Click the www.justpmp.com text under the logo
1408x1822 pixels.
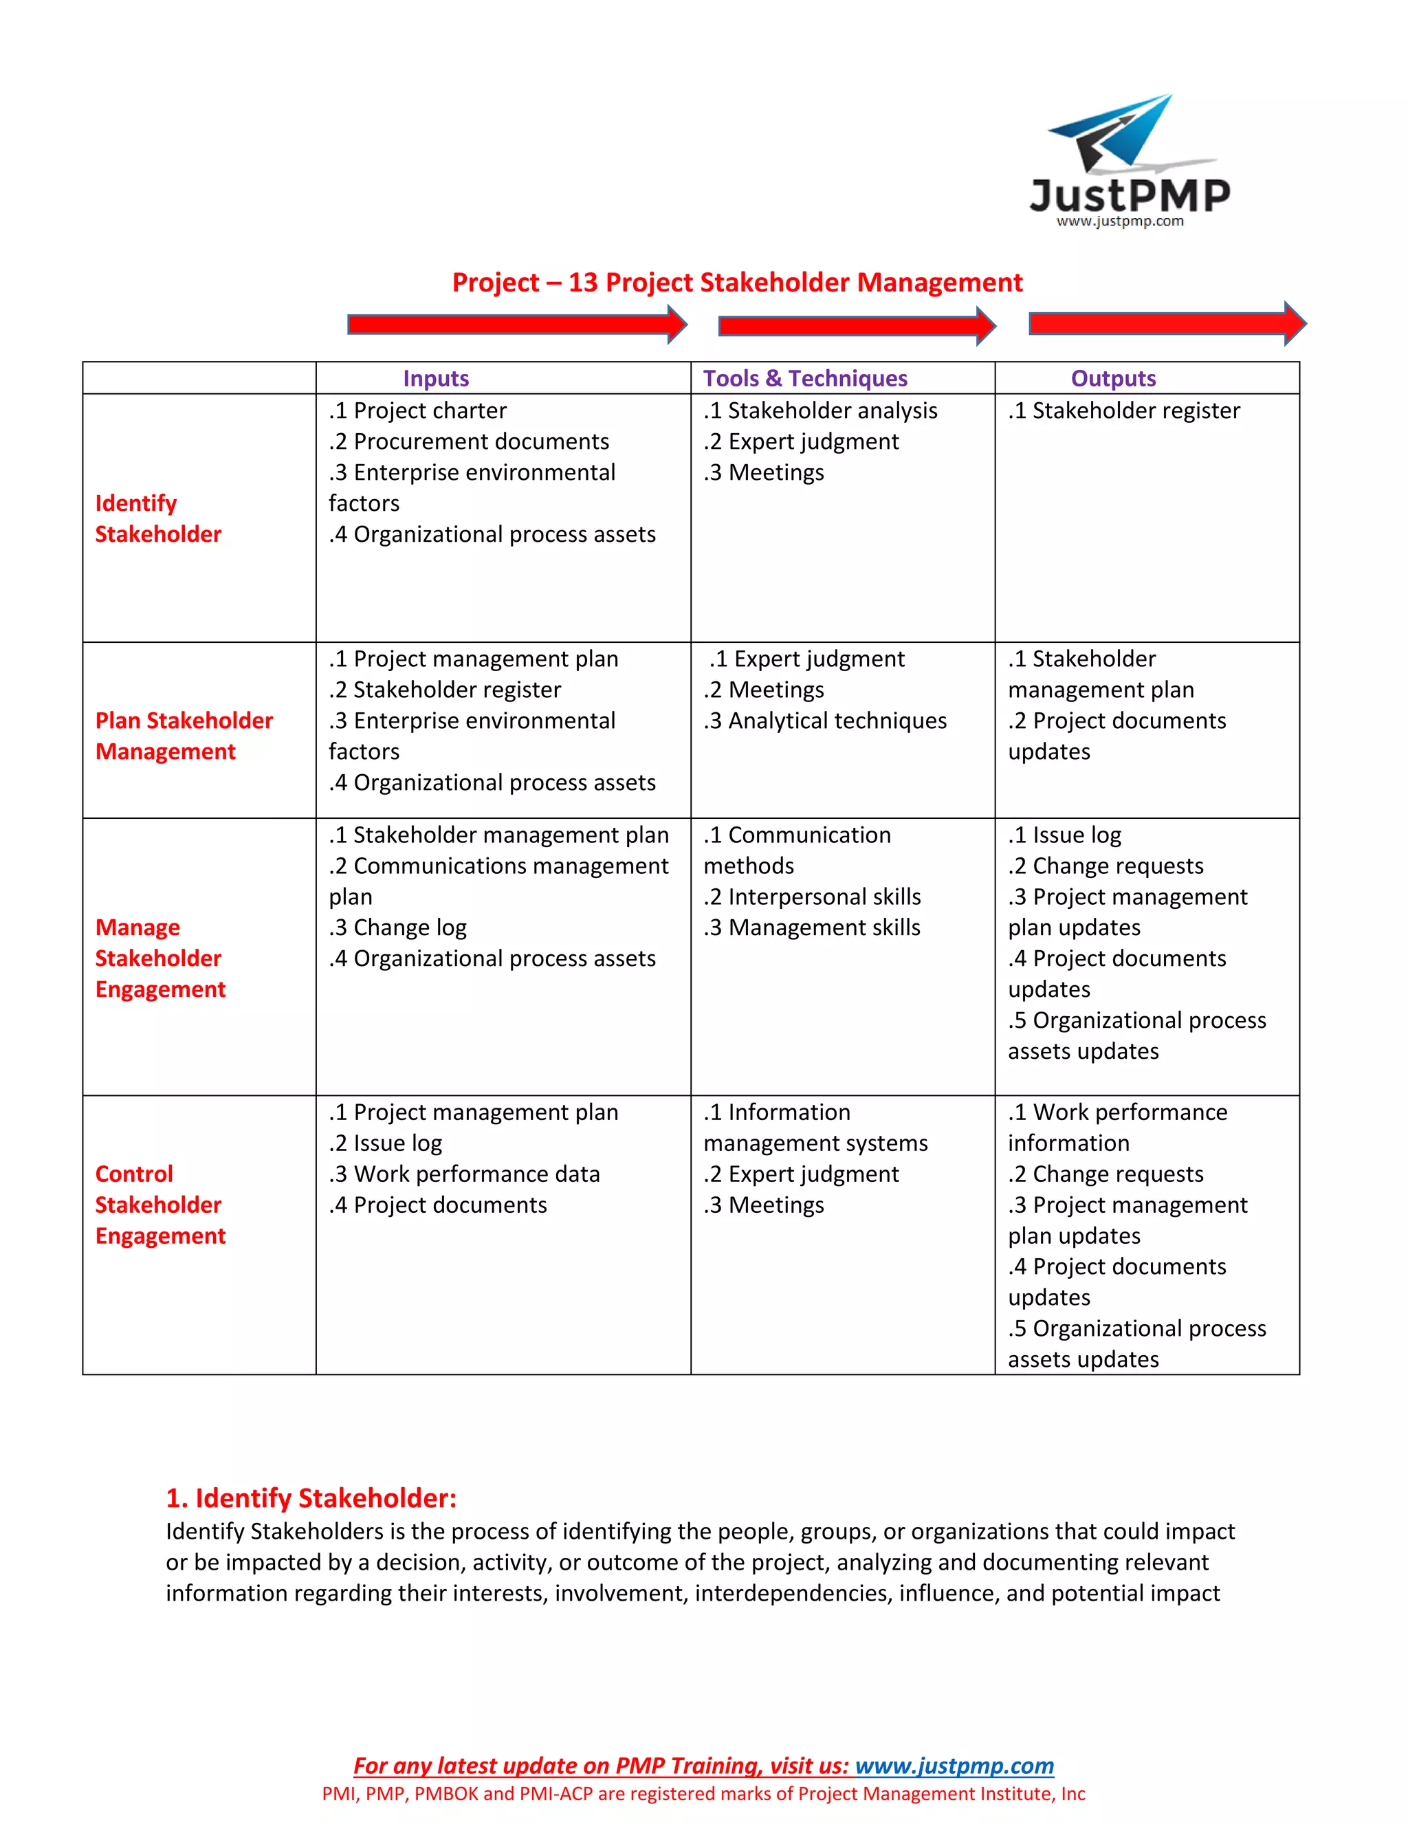click(1119, 221)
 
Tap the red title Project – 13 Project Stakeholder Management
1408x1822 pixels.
click(736, 282)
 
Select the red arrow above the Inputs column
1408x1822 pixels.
click(516, 324)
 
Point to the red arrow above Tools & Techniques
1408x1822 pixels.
click(857, 325)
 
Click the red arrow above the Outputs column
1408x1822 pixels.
click(1167, 323)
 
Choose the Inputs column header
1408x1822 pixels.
click(435, 378)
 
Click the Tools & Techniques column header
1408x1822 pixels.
click(804, 378)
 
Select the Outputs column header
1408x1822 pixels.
click(1113, 378)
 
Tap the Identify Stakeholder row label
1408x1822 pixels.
click(157, 518)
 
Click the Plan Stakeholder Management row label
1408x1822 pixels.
click(184, 735)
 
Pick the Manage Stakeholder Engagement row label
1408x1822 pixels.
click(159, 958)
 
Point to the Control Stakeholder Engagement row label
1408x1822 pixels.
click(159, 1204)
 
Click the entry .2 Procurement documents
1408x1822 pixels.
click(469, 441)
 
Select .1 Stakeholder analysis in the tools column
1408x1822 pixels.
click(820, 410)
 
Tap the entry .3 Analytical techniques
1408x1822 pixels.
click(825, 720)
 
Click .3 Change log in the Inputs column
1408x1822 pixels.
click(398, 927)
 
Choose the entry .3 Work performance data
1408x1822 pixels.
click(465, 1174)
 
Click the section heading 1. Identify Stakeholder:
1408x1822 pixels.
click(311, 1497)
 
